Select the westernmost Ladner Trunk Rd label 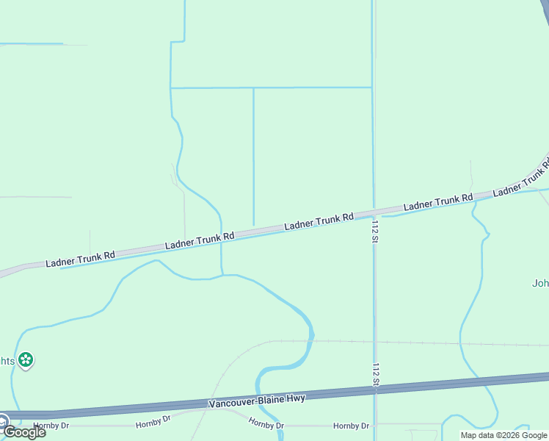[x=80, y=259]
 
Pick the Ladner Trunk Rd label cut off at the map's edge [x=520, y=181]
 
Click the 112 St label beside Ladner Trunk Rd [x=375, y=228]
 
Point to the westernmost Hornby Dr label [x=51, y=426]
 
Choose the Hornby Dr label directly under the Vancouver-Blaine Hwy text [x=266, y=424]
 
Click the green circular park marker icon [x=26, y=360]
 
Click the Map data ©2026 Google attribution [x=503, y=435]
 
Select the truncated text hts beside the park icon [x=7, y=361]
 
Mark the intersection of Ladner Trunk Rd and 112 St [x=374, y=213]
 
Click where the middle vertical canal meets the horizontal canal [x=253, y=88]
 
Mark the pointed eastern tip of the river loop [x=313, y=335]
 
